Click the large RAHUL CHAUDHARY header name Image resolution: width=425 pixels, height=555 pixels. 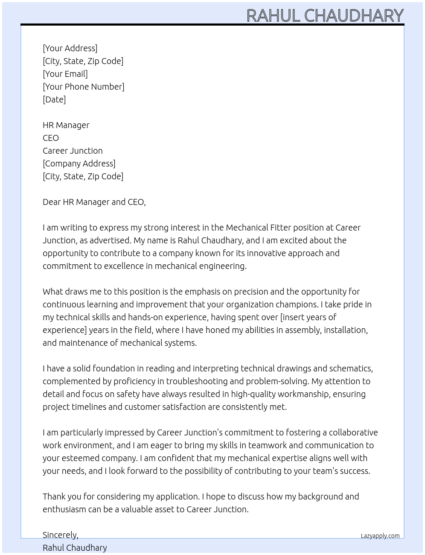point(325,15)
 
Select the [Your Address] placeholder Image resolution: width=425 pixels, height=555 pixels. point(70,48)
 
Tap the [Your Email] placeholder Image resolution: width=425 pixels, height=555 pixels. point(65,74)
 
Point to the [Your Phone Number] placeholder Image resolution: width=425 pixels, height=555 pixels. point(84,87)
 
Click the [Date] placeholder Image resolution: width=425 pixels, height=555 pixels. point(54,99)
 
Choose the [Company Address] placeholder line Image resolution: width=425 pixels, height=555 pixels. point(79,164)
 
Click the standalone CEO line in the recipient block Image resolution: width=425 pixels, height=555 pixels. point(51,138)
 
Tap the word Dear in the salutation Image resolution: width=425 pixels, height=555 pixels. point(52,202)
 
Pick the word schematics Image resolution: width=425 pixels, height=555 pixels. point(351,368)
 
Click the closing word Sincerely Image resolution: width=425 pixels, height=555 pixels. point(60,535)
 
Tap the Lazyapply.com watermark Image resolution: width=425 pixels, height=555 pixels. point(380,536)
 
